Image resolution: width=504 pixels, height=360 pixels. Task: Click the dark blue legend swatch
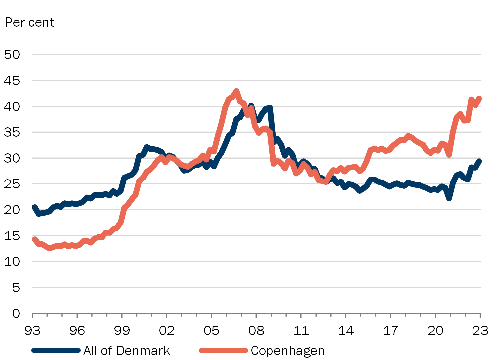[56, 350]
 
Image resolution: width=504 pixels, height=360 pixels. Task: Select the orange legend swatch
[223, 350]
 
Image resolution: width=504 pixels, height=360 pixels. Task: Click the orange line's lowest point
[50, 249]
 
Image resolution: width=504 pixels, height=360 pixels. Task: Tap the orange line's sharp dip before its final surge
[449, 155]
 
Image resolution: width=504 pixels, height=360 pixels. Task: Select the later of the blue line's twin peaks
[269, 107]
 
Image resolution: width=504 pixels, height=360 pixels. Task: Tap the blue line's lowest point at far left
[38, 214]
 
